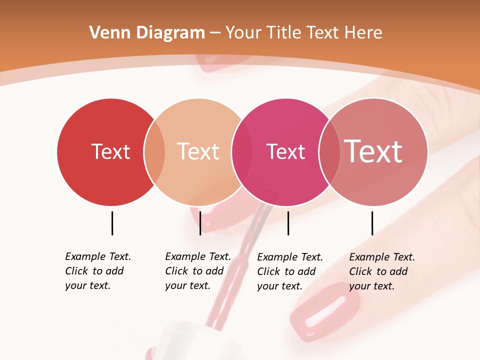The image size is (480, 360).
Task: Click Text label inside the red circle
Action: point(110,151)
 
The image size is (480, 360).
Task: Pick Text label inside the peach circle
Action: point(198,151)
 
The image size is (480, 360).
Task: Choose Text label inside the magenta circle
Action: point(285,151)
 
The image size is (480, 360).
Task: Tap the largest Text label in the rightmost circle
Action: point(373,151)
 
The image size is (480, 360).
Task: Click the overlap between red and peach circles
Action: point(154,152)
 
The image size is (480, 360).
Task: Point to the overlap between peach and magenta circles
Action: point(242,152)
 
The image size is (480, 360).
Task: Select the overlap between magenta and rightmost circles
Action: point(329,152)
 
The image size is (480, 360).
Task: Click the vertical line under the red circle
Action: point(112,223)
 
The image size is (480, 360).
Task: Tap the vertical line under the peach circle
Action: point(200,223)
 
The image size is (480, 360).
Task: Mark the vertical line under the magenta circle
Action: point(288,223)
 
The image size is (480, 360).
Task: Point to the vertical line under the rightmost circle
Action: point(372,223)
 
